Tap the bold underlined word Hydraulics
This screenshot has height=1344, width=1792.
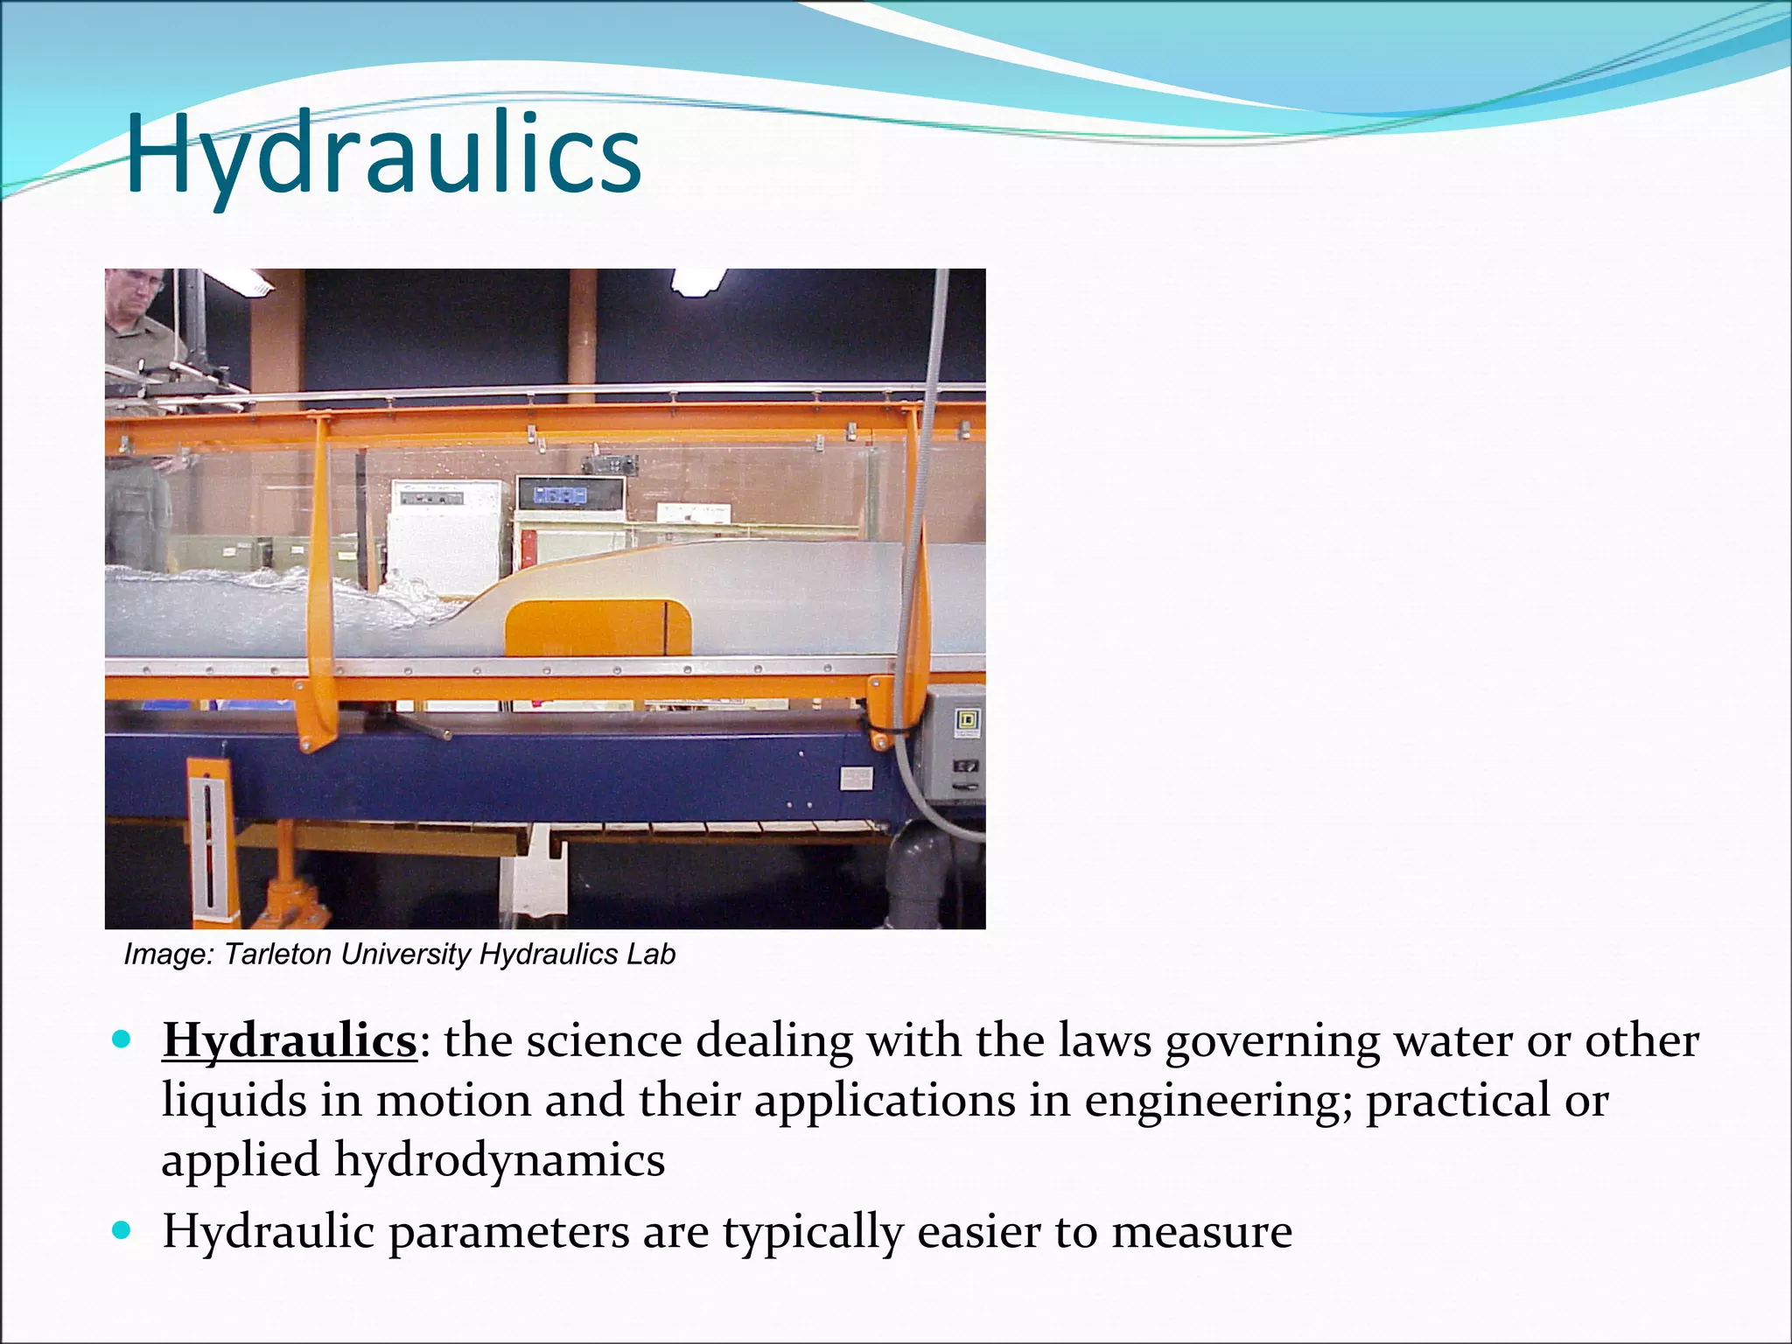coord(289,1041)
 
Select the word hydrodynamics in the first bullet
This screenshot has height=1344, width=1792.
coord(500,1161)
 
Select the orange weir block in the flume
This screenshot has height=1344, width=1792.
coord(598,627)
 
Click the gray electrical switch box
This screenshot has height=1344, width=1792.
coord(955,744)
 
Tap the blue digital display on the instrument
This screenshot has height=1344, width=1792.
coord(561,495)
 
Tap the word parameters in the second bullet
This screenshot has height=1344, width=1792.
coord(508,1232)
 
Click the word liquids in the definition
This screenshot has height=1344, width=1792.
coord(234,1101)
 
